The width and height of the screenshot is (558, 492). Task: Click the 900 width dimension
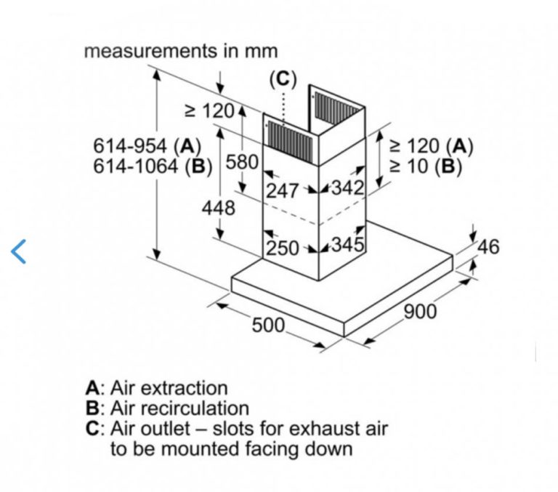click(420, 312)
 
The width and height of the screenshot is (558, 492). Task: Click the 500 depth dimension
click(268, 325)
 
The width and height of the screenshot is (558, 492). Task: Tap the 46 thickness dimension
click(488, 247)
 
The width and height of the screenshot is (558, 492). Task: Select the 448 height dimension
click(219, 208)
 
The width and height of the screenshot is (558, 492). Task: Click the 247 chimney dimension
click(283, 190)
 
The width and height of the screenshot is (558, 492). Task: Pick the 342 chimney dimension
click(348, 188)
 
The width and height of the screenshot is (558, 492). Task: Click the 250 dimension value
click(283, 248)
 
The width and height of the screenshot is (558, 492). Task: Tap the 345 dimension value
click(348, 244)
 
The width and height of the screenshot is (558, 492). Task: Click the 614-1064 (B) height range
click(152, 166)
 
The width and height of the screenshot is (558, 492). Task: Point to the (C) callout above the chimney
click(283, 78)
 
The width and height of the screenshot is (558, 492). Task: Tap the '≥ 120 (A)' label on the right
click(432, 147)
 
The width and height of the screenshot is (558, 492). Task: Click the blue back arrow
click(19, 251)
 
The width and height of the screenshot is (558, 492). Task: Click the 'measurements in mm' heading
click(181, 52)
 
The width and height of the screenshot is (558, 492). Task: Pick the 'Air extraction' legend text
click(169, 389)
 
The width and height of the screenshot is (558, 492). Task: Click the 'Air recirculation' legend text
click(179, 408)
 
